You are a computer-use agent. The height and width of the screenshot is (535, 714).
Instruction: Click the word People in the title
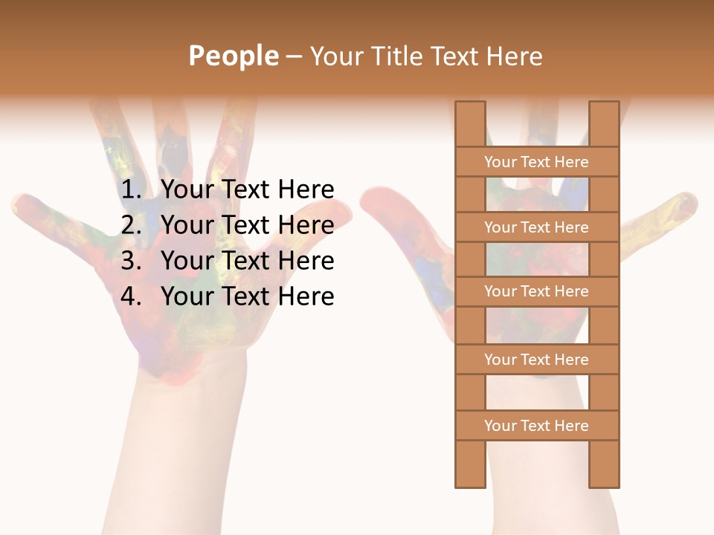[x=233, y=56]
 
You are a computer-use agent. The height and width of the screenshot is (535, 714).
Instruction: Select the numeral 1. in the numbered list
[x=131, y=190]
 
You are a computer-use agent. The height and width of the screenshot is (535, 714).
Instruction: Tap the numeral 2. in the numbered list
[x=131, y=225]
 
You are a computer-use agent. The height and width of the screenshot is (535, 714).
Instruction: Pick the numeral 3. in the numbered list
[x=131, y=261]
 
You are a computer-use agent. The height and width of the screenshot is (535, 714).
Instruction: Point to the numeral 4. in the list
[x=131, y=296]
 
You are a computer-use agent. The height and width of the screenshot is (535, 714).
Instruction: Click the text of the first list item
[x=247, y=190]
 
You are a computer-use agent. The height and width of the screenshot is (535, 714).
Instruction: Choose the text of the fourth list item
[x=247, y=296]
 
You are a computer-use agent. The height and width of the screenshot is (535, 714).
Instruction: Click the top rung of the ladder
[x=536, y=162]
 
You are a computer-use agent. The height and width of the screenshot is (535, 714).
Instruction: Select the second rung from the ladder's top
[x=536, y=227]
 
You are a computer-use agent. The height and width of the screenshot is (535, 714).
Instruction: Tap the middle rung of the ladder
[x=536, y=291]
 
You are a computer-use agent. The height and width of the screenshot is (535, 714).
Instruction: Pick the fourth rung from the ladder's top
[x=536, y=360]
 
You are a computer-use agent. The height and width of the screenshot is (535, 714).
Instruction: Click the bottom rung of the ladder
[x=536, y=426]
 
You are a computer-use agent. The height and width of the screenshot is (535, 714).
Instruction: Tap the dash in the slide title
[x=293, y=56]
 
